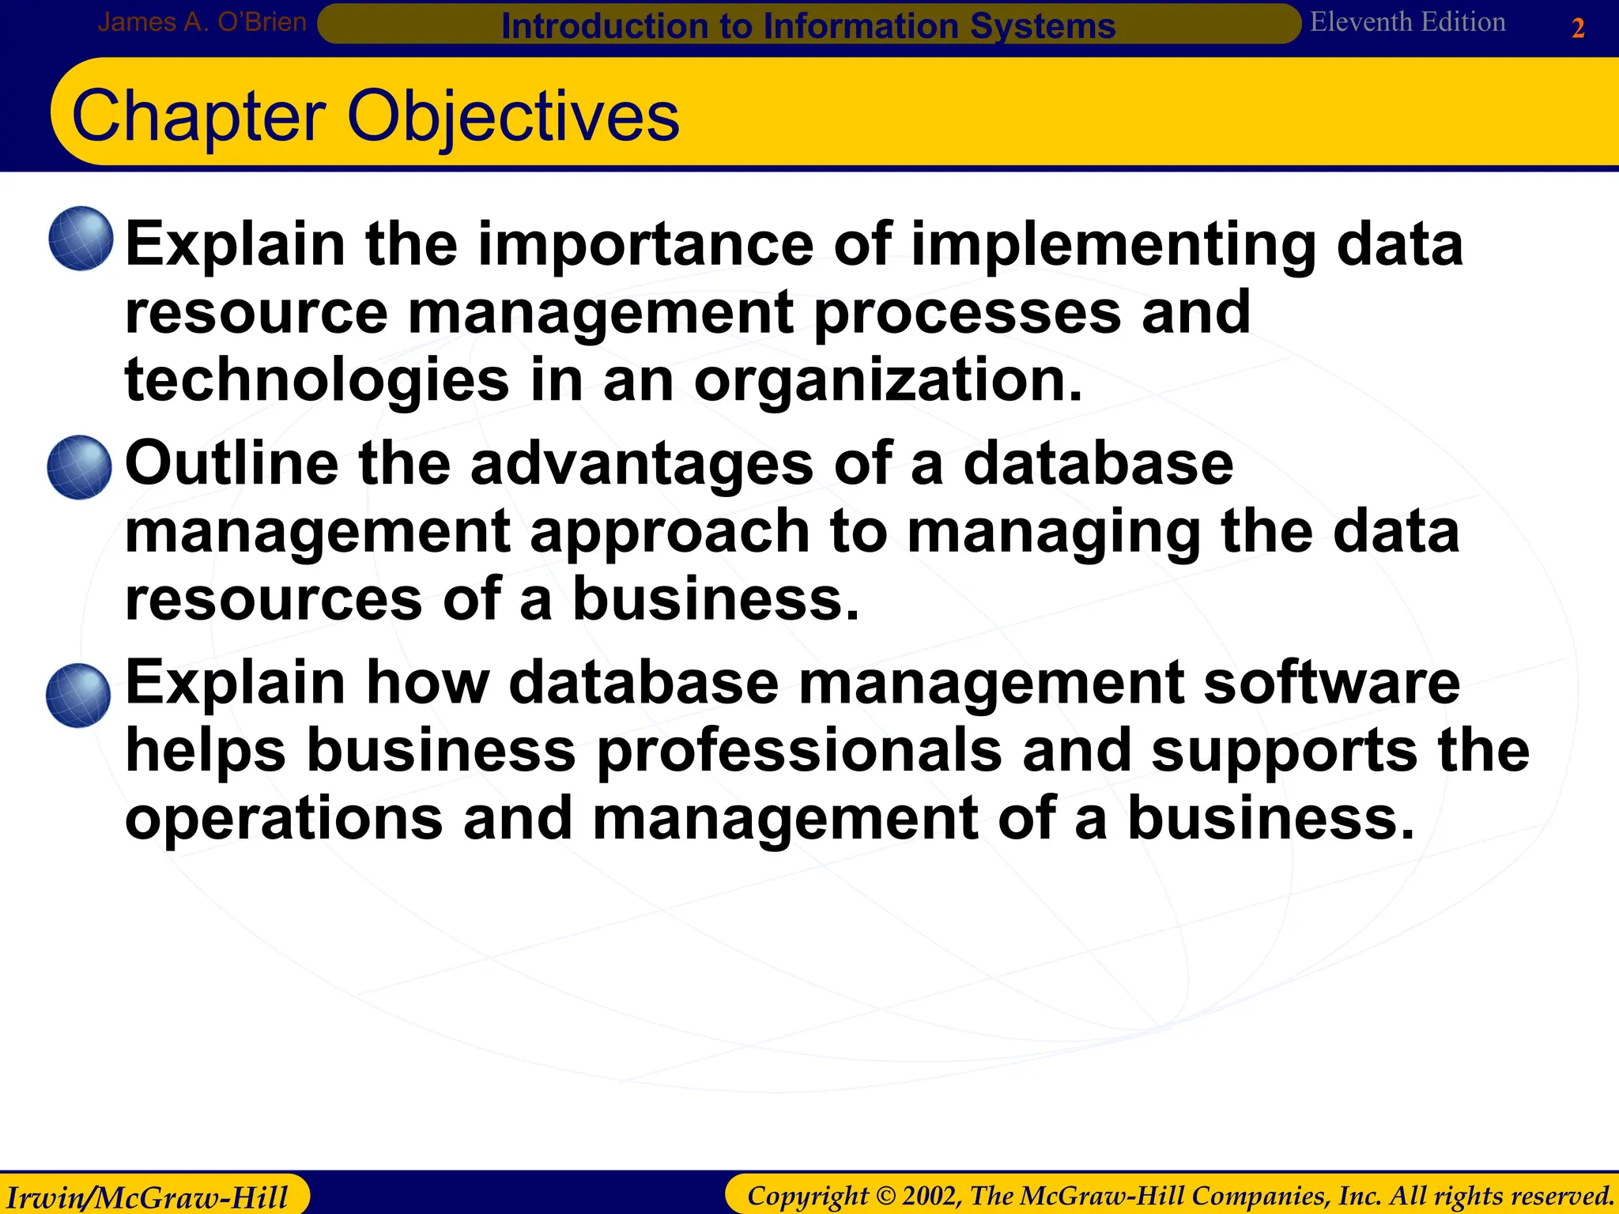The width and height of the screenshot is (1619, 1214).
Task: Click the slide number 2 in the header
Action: (x=1578, y=28)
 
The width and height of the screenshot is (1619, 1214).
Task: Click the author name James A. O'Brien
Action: (x=202, y=22)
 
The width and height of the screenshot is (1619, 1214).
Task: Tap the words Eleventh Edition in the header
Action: (x=1407, y=22)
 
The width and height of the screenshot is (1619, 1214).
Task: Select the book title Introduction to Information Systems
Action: (x=808, y=26)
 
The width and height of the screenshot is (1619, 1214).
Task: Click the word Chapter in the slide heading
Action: (x=198, y=116)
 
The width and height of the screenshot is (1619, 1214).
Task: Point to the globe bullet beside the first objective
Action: (x=81, y=239)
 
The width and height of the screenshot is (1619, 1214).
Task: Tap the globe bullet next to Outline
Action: (x=79, y=467)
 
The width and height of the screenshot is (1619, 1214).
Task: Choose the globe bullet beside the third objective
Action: (x=78, y=696)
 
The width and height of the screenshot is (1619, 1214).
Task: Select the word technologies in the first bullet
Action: (x=317, y=380)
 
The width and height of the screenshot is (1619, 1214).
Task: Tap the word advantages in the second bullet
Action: (x=641, y=464)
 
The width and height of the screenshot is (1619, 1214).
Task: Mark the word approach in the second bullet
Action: (x=670, y=533)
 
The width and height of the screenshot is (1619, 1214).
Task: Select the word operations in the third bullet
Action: (x=284, y=820)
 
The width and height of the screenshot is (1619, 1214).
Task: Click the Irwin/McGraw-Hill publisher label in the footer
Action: (x=147, y=1197)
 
